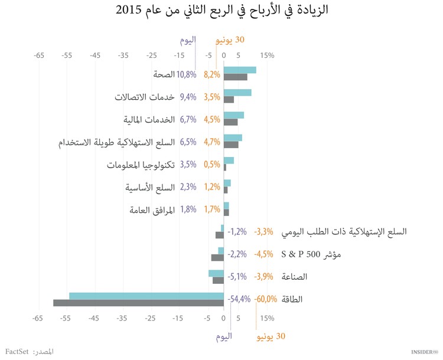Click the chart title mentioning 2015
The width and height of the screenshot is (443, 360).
click(221, 10)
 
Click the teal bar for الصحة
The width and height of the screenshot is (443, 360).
click(240, 70)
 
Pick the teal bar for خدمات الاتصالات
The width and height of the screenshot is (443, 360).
click(237, 92)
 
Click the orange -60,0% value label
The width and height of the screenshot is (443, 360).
click(266, 299)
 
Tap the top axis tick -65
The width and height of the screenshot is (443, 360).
click(39, 55)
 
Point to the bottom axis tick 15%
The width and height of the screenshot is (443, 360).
click(267, 319)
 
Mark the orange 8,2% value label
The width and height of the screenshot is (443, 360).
click(211, 74)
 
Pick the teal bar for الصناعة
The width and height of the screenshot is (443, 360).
click(216, 273)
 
